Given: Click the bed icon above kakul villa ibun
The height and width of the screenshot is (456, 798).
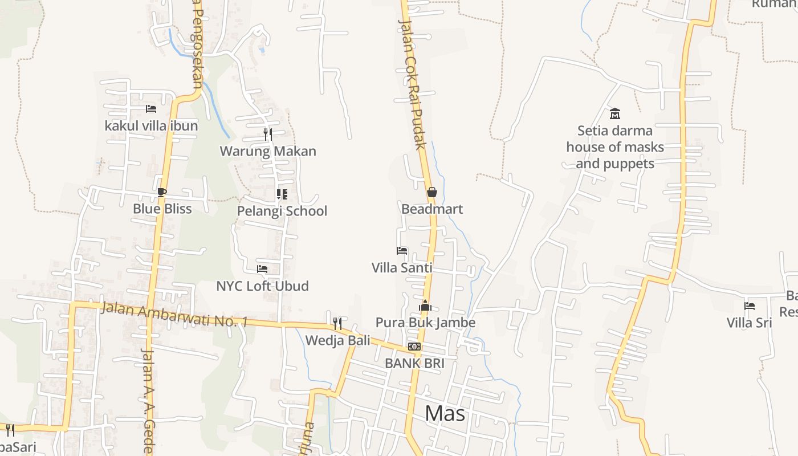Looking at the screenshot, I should [x=151, y=109].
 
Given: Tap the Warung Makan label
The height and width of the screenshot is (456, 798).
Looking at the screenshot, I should [x=268, y=151].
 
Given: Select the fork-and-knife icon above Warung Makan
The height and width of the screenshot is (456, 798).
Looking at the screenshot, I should [x=268, y=135].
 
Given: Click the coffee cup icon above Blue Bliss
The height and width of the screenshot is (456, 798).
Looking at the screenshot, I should [x=162, y=192].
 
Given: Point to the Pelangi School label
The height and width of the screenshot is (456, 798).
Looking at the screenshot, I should [x=282, y=211].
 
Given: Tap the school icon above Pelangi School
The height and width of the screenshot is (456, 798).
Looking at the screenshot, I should [x=282, y=194].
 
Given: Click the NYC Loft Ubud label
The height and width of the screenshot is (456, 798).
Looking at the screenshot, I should [x=262, y=286].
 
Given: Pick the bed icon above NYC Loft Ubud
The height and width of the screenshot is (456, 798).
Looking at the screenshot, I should [x=262, y=269].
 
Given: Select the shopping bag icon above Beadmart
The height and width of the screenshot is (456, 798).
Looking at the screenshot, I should [x=432, y=193].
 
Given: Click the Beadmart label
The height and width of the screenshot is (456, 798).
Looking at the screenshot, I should [x=432, y=209].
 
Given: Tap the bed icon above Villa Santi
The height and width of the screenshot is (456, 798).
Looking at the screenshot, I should [x=402, y=251].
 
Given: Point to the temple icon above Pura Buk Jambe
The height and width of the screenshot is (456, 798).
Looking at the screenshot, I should [x=425, y=306].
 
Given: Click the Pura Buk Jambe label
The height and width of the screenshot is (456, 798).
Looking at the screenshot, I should [x=425, y=323].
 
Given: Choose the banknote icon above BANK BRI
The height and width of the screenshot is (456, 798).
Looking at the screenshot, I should [x=414, y=347].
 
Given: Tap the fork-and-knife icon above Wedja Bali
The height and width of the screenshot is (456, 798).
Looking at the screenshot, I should [x=337, y=324].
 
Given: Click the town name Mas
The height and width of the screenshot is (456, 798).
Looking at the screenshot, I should [x=445, y=414].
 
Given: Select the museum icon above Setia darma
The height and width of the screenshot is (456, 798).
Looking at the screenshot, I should [x=615, y=114].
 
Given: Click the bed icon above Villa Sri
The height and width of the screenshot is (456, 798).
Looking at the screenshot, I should [x=750, y=306].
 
